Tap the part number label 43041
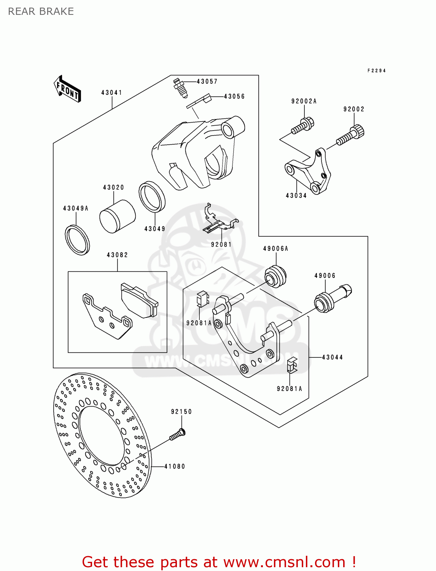(111, 93)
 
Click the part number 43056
(234, 96)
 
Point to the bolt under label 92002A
(303, 126)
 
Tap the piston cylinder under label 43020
(117, 216)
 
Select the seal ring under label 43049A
(77, 240)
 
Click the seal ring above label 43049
(152, 196)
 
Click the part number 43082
(117, 255)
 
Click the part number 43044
(332, 357)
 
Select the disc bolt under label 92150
(178, 435)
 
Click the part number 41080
(175, 466)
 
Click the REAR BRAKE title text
(41, 11)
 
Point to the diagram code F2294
(376, 70)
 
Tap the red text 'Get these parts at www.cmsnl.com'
(219, 562)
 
